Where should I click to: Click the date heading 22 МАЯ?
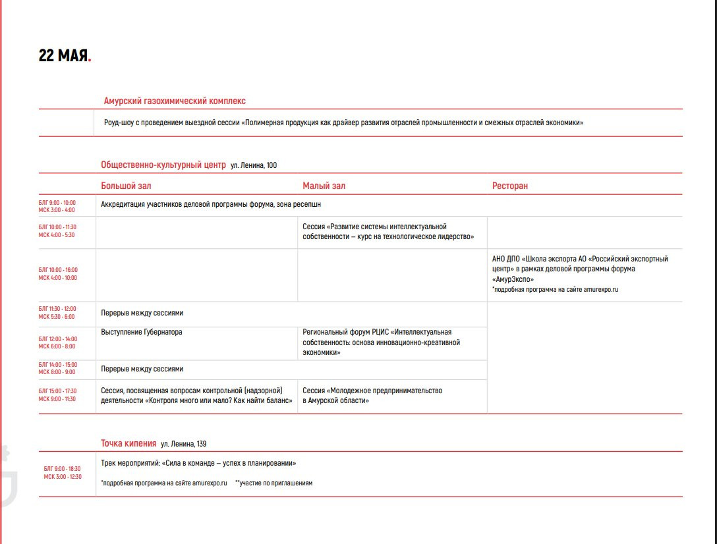[64, 56]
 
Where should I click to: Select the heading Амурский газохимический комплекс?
[175, 101]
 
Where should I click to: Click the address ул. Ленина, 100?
[254, 165]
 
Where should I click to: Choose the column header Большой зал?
[126, 186]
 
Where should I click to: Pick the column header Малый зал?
[324, 186]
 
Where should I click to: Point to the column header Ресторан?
[509, 186]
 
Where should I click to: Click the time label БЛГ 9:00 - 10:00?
[57, 203]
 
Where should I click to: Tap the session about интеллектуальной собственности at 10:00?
[388, 232]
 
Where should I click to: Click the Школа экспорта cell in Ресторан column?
[580, 269]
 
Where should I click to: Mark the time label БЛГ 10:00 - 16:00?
[58, 270]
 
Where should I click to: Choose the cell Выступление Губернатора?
[142, 332]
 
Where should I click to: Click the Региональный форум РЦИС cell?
[382, 342]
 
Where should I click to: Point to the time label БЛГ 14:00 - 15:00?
[58, 365]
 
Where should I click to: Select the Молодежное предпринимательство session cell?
[372, 395]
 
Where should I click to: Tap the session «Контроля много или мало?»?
[196, 395]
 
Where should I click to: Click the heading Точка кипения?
[129, 443]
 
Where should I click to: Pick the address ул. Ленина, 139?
[188, 444]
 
